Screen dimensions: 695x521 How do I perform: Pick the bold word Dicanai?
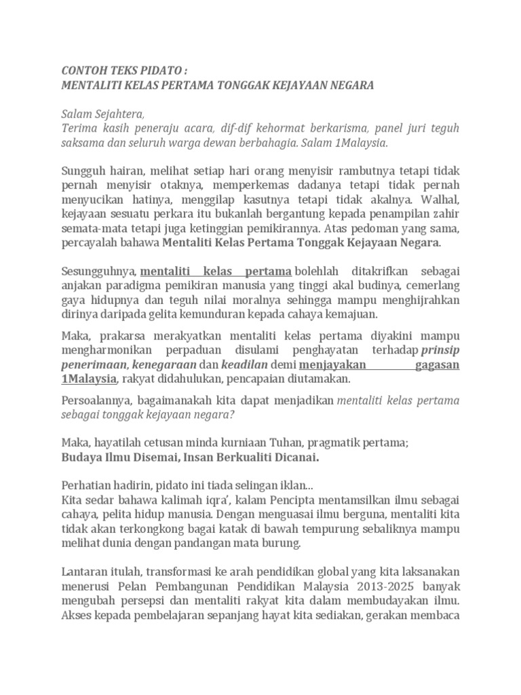[294, 457]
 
